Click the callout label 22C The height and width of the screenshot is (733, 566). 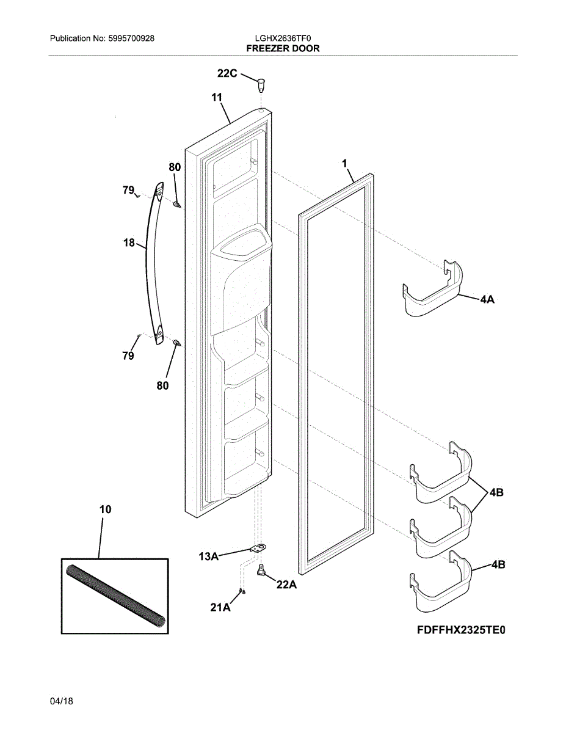[227, 73]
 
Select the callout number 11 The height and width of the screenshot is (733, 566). [217, 97]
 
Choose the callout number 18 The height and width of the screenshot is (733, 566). [129, 243]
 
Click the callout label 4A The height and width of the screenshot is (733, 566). [487, 300]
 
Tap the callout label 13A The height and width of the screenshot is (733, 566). [208, 556]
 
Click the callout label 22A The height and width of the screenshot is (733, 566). [286, 585]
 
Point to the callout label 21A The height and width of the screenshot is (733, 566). [220, 607]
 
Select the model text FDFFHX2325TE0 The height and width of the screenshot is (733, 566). [462, 630]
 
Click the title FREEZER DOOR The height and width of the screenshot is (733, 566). [283, 48]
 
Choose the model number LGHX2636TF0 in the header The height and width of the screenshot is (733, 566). [283, 38]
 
